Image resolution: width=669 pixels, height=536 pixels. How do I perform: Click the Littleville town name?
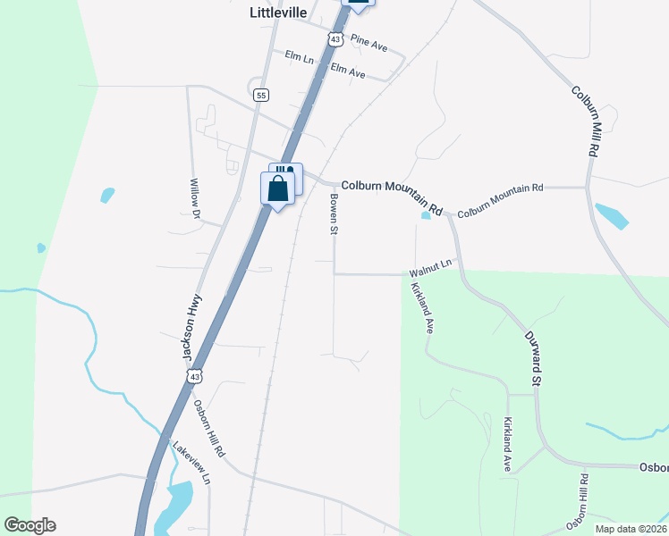(x=277, y=13)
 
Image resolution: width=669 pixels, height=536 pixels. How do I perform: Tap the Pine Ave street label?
(x=368, y=41)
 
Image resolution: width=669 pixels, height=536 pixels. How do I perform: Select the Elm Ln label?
(x=300, y=58)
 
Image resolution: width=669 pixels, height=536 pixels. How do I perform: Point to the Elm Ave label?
(x=348, y=70)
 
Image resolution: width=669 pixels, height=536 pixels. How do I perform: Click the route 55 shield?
(x=260, y=95)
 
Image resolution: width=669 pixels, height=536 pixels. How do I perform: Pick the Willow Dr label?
(x=194, y=197)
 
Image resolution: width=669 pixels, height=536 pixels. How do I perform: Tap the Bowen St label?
(x=334, y=214)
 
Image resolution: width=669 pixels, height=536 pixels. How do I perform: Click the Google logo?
(x=30, y=525)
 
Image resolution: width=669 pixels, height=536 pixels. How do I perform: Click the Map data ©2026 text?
(x=631, y=529)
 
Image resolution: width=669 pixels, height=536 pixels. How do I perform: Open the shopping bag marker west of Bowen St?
(x=277, y=189)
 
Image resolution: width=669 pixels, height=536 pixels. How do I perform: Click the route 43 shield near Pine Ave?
(x=334, y=39)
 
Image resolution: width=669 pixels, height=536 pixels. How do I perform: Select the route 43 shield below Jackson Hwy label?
(x=195, y=377)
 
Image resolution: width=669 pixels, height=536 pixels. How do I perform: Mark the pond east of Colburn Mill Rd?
(x=611, y=216)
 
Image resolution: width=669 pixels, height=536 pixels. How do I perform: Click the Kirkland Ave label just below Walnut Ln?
(x=422, y=308)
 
